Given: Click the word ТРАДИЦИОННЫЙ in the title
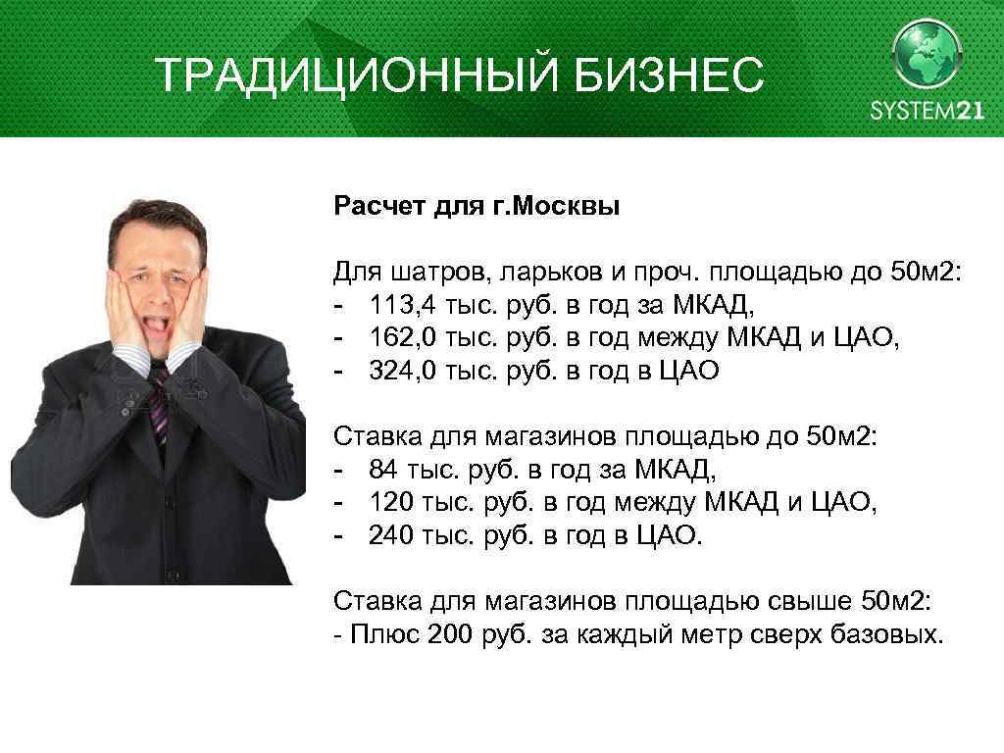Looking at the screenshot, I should point(325,75).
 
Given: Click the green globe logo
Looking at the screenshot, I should point(927,55).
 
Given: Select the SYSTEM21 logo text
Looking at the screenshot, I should point(926,110).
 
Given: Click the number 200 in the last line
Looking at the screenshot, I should point(451,633).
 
